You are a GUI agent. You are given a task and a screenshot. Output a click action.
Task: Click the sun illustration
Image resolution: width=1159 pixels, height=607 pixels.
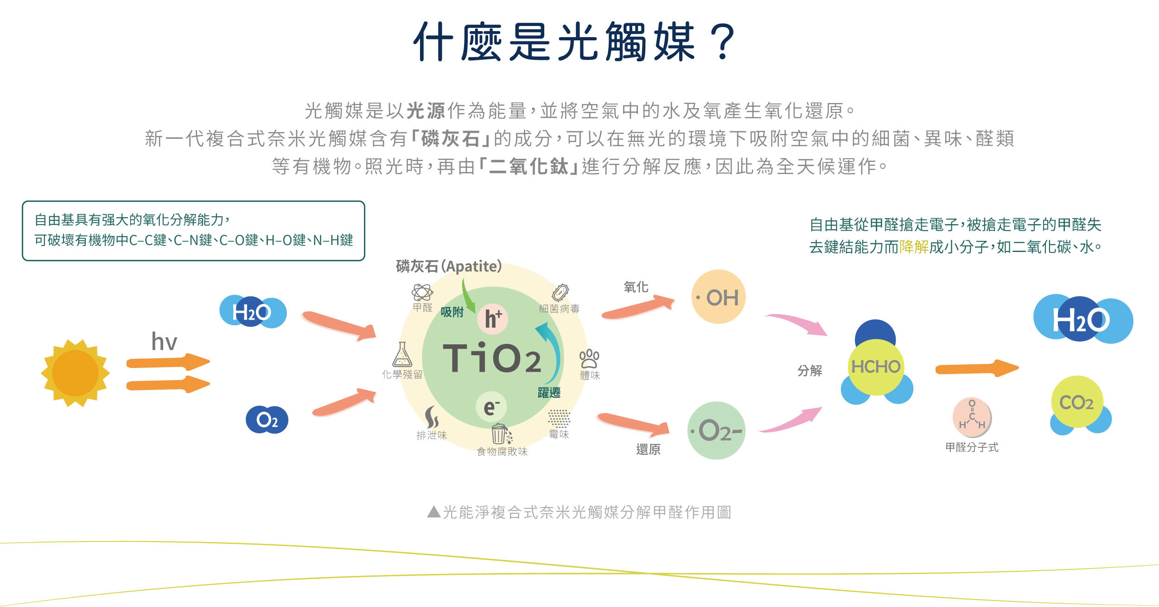pyautogui.click(x=75, y=373)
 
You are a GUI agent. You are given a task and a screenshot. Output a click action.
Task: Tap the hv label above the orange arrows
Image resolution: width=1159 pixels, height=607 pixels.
pyautogui.click(x=164, y=342)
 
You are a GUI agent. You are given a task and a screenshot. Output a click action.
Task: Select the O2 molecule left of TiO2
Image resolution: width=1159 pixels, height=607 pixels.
pyautogui.click(x=267, y=420)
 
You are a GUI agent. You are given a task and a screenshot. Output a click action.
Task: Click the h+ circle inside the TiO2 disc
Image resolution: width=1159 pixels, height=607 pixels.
pyautogui.click(x=493, y=319)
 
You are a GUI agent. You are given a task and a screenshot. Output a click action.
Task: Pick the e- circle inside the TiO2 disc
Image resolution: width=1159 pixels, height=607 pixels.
pyautogui.click(x=491, y=407)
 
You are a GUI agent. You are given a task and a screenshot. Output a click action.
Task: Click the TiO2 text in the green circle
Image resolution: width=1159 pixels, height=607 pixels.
pyautogui.click(x=492, y=358)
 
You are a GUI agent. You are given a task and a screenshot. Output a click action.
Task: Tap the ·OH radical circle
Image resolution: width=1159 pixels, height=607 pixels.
pyautogui.click(x=718, y=297)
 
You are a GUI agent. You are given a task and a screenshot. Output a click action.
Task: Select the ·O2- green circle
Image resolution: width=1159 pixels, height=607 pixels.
pyautogui.click(x=716, y=431)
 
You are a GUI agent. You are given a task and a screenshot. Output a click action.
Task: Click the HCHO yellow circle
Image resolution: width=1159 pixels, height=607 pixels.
pyautogui.click(x=875, y=367)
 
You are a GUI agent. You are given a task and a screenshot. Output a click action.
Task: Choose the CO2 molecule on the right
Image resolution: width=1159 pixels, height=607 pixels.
pyautogui.click(x=1076, y=402)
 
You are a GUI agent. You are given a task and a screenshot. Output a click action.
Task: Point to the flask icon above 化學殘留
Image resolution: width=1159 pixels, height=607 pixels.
pyautogui.click(x=402, y=355)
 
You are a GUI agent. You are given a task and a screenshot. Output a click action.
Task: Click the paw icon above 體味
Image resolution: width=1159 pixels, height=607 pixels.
pyautogui.click(x=589, y=358)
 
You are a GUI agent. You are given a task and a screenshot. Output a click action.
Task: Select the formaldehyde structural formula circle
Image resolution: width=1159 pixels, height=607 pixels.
pyautogui.click(x=972, y=417)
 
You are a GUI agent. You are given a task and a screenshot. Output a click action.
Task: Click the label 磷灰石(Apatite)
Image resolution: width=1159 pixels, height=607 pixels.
pyautogui.click(x=449, y=266)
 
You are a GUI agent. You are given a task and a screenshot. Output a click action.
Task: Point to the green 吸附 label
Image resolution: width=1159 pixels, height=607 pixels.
pyautogui.click(x=452, y=312)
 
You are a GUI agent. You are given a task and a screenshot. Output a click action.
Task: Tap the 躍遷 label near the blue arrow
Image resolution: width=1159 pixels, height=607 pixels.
pyautogui.click(x=549, y=393)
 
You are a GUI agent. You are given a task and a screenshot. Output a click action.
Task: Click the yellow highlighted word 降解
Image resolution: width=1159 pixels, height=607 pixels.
pyautogui.click(x=914, y=247)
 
